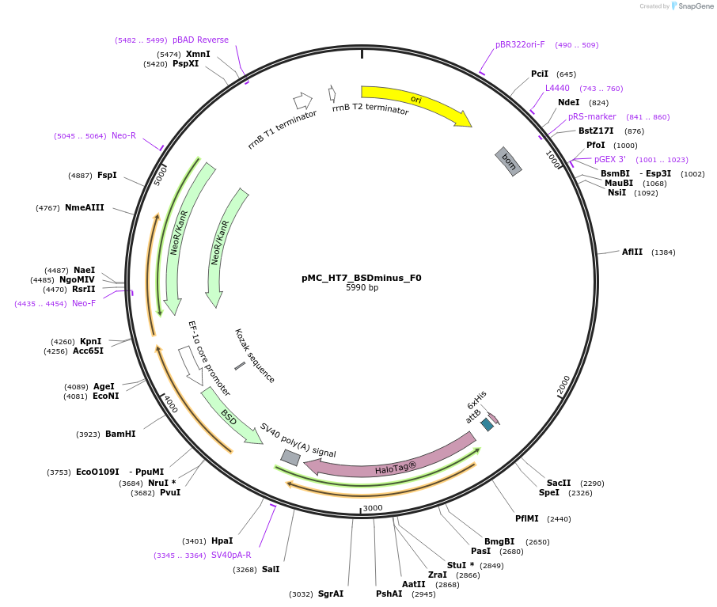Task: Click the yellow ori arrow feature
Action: (x=415, y=101)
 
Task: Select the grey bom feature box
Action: (x=508, y=161)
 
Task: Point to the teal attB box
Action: (x=487, y=425)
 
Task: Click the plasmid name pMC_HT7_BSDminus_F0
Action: (x=362, y=278)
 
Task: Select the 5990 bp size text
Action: (x=362, y=288)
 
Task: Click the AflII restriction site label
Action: (x=632, y=252)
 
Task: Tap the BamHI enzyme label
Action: (x=119, y=434)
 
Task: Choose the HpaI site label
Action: (x=222, y=541)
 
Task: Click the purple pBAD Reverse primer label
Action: (x=200, y=40)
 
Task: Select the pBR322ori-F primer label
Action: (x=520, y=44)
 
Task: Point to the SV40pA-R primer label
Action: (x=231, y=556)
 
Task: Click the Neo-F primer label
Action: (x=84, y=303)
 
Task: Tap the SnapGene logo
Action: (x=692, y=6)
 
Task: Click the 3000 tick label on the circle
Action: (x=373, y=507)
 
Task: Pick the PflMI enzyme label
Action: (x=526, y=519)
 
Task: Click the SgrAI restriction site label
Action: (x=330, y=594)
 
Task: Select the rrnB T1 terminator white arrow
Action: (x=302, y=101)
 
